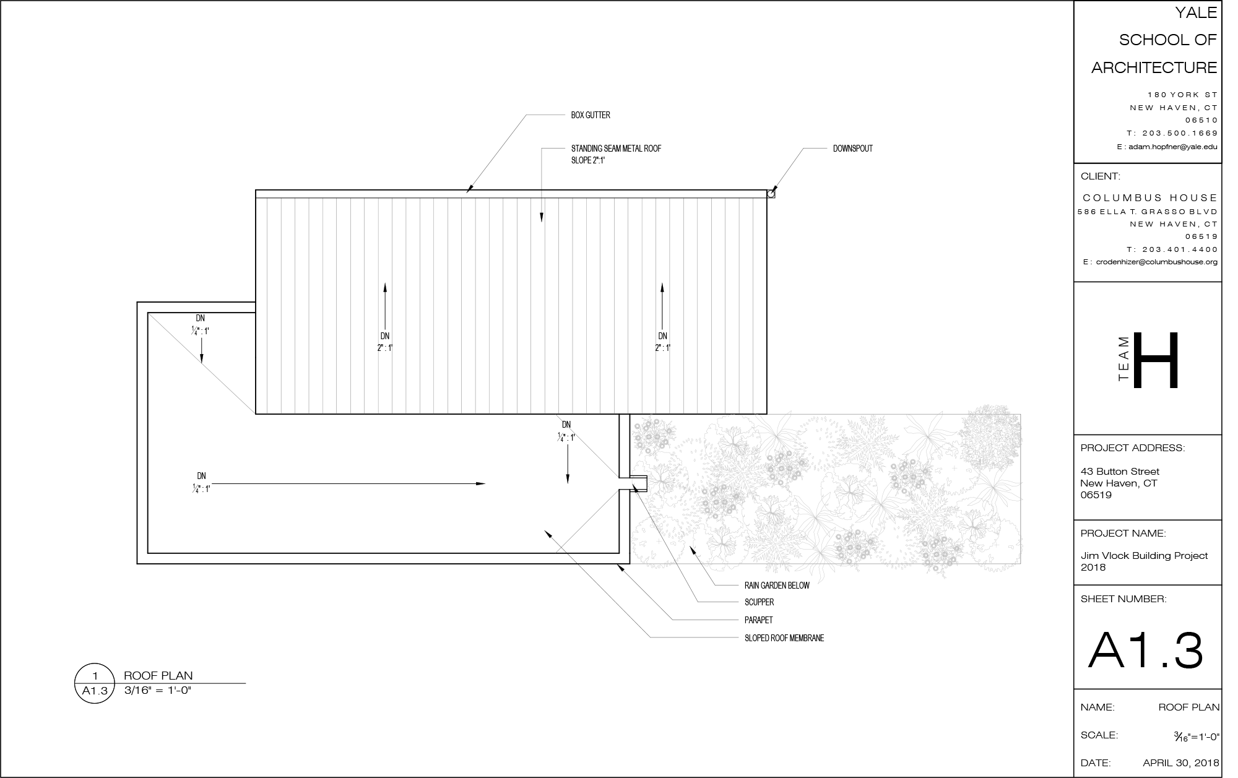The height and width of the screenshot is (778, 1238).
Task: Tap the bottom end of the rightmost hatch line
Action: point(753,413)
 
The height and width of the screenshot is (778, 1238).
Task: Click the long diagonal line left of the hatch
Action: point(201,363)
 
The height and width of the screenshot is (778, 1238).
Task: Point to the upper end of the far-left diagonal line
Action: point(149,314)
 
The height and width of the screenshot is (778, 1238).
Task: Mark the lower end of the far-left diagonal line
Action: point(254,412)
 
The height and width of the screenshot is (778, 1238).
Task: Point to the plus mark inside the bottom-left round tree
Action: point(659,542)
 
